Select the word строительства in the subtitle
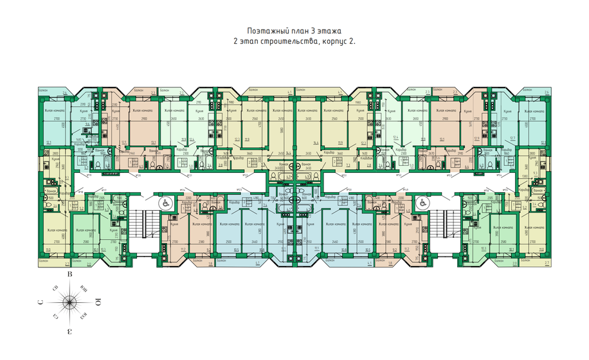pos(289,40)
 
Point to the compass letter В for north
pos(69,275)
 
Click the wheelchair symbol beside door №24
pos(165,203)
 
